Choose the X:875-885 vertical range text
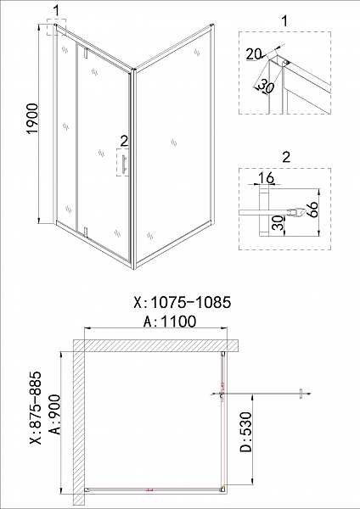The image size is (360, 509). tap(35, 407)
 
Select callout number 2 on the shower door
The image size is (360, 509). tap(123, 140)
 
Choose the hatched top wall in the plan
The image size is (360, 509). tap(153, 344)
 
